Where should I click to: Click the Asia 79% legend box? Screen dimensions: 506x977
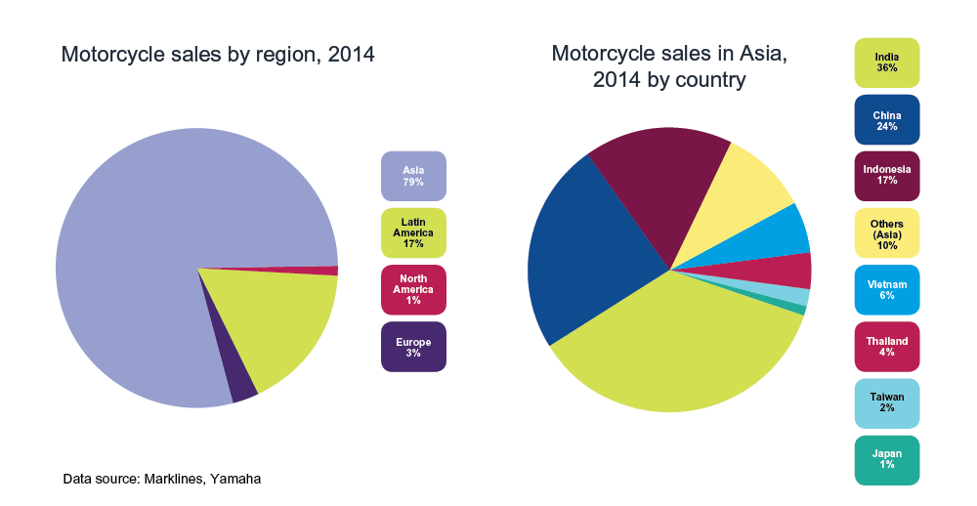click(x=413, y=176)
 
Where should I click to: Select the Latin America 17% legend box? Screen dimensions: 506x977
click(x=413, y=232)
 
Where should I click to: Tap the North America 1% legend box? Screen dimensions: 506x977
click(x=413, y=289)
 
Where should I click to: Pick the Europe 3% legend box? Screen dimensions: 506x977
click(x=413, y=347)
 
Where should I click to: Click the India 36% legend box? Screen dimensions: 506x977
click(x=887, y=63)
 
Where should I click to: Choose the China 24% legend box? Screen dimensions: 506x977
click(x=887, y=119)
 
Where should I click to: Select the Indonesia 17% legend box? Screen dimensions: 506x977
click(x=887, y=176)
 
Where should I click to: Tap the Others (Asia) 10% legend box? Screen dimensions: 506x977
click(x=887, y=232)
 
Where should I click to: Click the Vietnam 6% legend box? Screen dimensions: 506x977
click(x=887, y=289)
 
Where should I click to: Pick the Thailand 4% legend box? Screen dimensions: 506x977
click(x=887, y=347)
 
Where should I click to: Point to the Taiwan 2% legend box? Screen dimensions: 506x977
click(x=887, y=403)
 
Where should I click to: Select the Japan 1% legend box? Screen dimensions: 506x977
click(x=887, y=460)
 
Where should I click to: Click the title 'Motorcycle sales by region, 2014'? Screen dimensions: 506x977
click(x=218, y=54)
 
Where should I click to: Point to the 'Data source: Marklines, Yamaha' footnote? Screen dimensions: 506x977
click(x=161, y=479)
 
